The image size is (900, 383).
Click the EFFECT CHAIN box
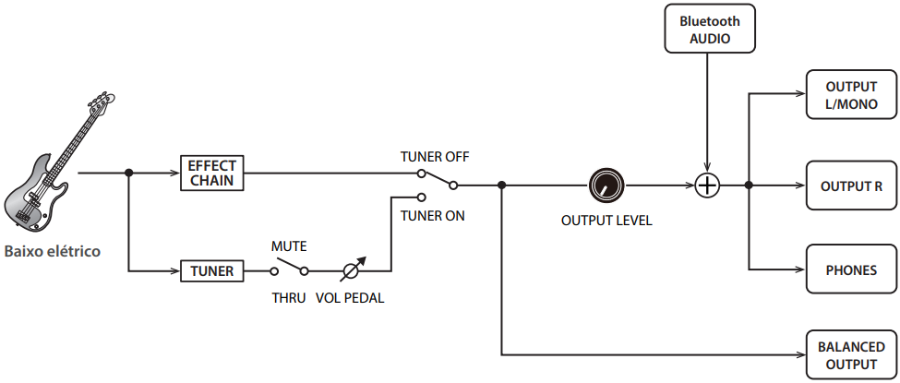(x=212, y=173)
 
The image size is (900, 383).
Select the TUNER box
(x=212, y=271)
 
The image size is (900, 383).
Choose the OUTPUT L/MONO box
(x=851, y=95)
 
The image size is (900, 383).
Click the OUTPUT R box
(x=851, y=186)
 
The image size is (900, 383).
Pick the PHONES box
(x=851, y=270)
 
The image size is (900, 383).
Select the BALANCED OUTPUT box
(x=851, y=355)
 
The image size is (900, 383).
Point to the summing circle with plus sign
(x=707, y=186)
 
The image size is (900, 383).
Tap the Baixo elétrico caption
(x=52, y=251)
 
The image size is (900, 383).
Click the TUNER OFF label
(x=435, y=157)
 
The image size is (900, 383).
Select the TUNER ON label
(x=433, y=216)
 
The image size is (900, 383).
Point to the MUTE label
(x=289, y=246)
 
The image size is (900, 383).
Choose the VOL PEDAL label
(x=350, y=298)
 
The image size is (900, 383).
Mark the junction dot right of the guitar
(x=129, y=173)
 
